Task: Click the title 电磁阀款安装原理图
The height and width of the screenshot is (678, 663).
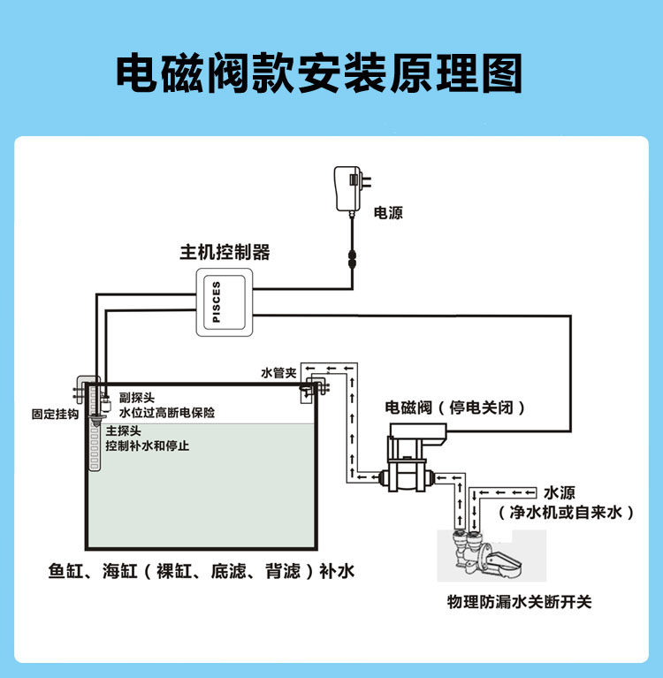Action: tap(319, 74)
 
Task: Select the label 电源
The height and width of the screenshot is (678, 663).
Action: tap(388, 213)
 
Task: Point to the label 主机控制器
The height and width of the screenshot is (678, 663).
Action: tap(225, 253)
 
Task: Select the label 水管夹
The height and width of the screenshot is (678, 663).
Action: tap(278, 373)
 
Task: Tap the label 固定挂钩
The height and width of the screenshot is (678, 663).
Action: tap(55, 413)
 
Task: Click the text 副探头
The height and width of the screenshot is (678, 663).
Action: tap(125, 399)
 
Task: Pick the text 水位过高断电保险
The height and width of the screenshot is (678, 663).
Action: tap(160, 412)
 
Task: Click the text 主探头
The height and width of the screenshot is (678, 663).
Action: tap(124, 431)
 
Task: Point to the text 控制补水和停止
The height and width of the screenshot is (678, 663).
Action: tap(147, 446)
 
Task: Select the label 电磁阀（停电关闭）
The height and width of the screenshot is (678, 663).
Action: tap(456, 408)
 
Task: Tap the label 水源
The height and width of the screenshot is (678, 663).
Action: tap(560, 492)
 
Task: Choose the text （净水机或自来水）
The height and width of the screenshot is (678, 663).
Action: tap(567, 512)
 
